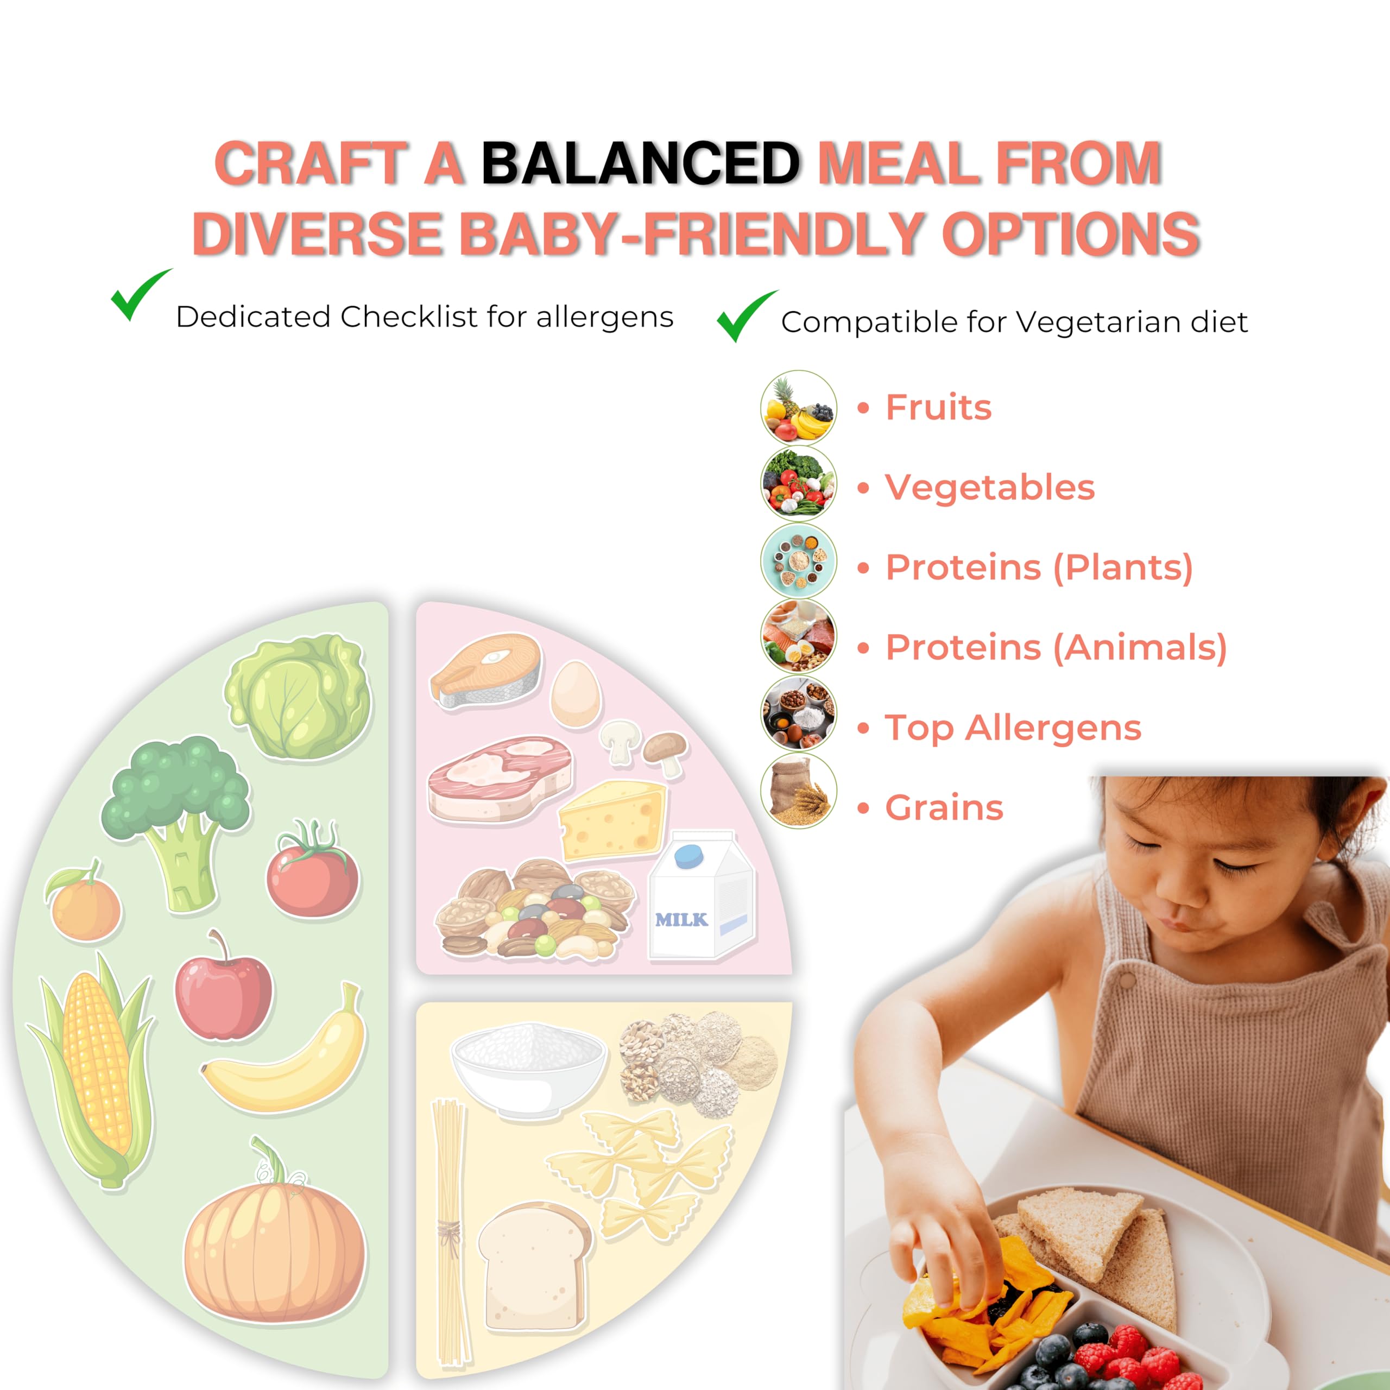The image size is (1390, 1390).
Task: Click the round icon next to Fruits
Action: [x=799, y=408]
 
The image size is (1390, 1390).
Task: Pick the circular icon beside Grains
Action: [x=799, y=791]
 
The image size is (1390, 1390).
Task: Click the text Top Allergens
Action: [x=1012, y=728]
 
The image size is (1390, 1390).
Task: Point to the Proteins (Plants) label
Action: [x=1039, y=567]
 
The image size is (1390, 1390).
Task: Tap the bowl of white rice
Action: [x=527, y=1066]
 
